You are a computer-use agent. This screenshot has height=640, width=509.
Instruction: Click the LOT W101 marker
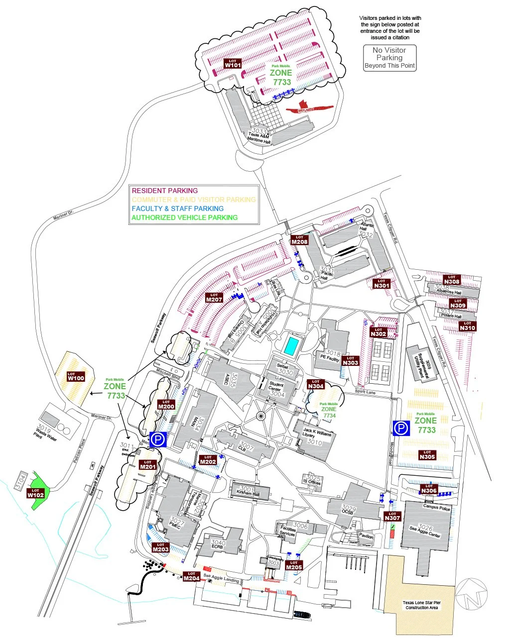[233, 63]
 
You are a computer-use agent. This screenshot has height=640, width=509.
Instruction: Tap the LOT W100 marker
[76, 376]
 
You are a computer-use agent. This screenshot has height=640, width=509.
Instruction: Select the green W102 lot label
[35, 493]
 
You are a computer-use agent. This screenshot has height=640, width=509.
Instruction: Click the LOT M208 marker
[299, 240]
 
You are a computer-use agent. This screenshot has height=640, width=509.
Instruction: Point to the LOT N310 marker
[467, 326]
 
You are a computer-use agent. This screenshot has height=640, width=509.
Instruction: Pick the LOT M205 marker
[294, 565]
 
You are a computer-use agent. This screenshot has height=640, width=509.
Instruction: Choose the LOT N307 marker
[392, 516]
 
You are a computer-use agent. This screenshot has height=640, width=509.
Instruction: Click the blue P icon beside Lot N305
[401, 428]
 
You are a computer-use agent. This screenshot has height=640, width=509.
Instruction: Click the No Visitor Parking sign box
[389, 58]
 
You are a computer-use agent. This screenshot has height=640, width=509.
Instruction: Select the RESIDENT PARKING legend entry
[165, 191]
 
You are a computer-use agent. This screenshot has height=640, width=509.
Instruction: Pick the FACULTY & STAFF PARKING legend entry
[178, 209]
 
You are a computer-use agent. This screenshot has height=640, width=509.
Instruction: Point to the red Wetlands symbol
[307, 107]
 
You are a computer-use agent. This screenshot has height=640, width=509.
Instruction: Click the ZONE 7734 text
[329, 412]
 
